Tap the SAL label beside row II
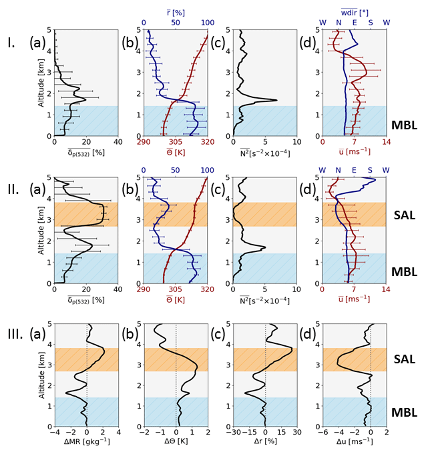(x=405, y=215)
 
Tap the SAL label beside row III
(x=405, y=359)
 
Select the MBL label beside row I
(x=405, y=124)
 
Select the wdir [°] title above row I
(x=355, y=12)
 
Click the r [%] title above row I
(x=176, y=12)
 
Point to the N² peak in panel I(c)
(x=276, y=101)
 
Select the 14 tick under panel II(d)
(x=386, y=289)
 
